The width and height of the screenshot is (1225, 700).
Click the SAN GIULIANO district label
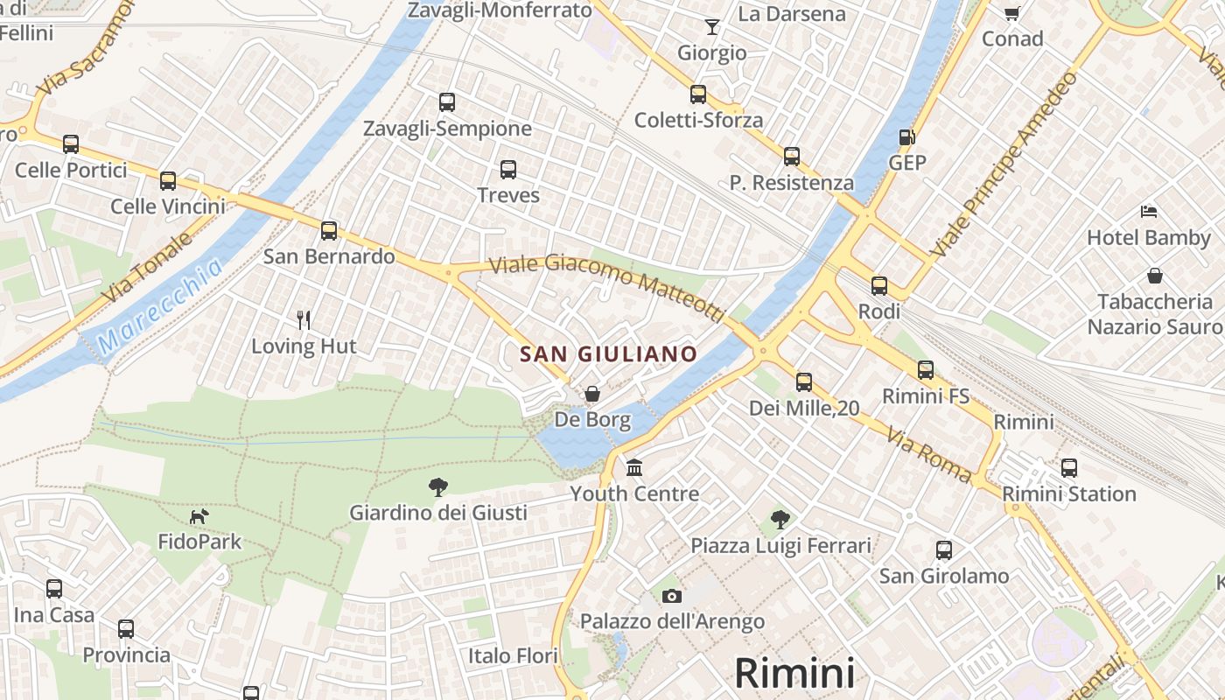coord(608,353)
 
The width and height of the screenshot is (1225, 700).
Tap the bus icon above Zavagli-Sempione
coord(447,102)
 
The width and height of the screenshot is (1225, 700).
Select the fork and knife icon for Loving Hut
coord(304,319)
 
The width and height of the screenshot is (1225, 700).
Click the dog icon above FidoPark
coord(199,516)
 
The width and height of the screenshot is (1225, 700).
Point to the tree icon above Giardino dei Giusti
coord(438,487)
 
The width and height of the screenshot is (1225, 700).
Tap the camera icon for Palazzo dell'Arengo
coord(672,596)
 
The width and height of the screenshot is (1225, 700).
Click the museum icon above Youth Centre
coord(634,467)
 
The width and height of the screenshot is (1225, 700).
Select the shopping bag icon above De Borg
coord(592,394)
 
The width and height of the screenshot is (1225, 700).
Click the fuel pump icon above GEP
coord(907,137)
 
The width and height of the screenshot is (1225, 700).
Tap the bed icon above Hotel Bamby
coord(1149,212)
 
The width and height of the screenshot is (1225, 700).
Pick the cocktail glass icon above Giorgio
coord(712,27)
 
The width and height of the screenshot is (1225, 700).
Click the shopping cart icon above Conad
coord(1012,13)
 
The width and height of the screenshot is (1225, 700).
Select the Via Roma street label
coord(928,454)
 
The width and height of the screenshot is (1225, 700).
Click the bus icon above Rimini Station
coord(1068,468)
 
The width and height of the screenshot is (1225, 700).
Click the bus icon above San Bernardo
coord(329,231)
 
